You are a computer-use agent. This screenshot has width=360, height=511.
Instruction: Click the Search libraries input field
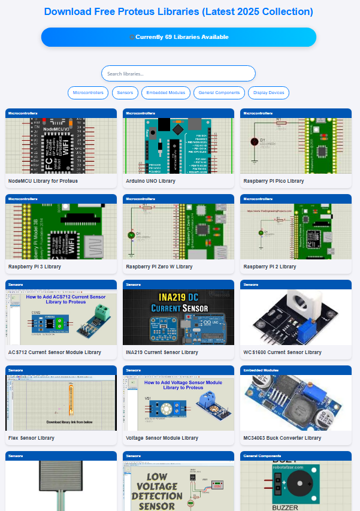coord(178,74)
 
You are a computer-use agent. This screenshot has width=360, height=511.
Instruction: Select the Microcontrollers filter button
coord(89,93)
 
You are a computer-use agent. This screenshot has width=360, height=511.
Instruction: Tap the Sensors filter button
coord(125,93)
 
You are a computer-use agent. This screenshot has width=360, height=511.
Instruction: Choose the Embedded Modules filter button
coord(166,93)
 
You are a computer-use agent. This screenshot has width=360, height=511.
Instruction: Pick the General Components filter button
coord(219,93)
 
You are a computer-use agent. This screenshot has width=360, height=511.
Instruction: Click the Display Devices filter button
coord(268,93)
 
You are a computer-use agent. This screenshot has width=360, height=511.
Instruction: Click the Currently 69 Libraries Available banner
coord(179,37)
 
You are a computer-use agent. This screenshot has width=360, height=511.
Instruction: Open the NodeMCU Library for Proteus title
coord(43,181)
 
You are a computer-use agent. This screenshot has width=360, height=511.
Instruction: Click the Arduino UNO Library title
coord(150,181)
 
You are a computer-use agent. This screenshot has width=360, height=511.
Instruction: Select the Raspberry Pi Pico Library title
coord(274,181)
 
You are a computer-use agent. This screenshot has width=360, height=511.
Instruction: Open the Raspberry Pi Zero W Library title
coord(159,267)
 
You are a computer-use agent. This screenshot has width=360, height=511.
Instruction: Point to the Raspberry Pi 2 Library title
coord(270,267)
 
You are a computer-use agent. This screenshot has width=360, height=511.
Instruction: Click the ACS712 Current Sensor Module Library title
coord(55,352)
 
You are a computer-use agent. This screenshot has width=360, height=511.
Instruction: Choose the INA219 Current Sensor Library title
coord(162,352)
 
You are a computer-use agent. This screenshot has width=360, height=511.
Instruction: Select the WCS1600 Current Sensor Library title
coord(282,352)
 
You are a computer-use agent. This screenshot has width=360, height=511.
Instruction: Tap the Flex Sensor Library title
coord(31,438)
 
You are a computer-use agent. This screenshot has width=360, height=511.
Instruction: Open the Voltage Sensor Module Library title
coord(162,438)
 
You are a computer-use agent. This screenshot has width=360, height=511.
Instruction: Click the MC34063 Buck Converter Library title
coord(282,438)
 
